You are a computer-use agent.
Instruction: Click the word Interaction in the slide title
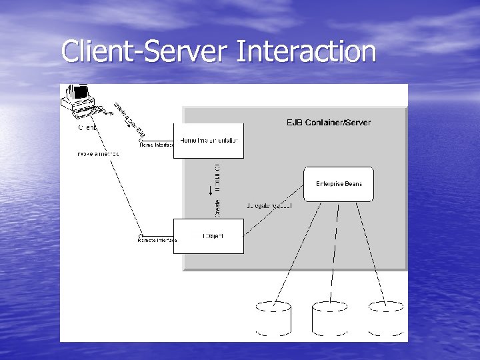click(306, 51)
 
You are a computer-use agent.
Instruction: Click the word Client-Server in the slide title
click(145, 51)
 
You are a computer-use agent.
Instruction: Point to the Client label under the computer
click(87, 127)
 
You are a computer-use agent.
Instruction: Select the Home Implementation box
click(208, 141)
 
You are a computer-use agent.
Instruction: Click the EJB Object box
click(208, 236)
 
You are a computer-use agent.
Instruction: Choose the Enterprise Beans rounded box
click(339, 184)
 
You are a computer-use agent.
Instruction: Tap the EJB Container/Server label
click(328, 123)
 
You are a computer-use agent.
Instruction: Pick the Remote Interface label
click(157, 240)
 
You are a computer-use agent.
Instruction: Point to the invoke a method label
click(98, 154)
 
